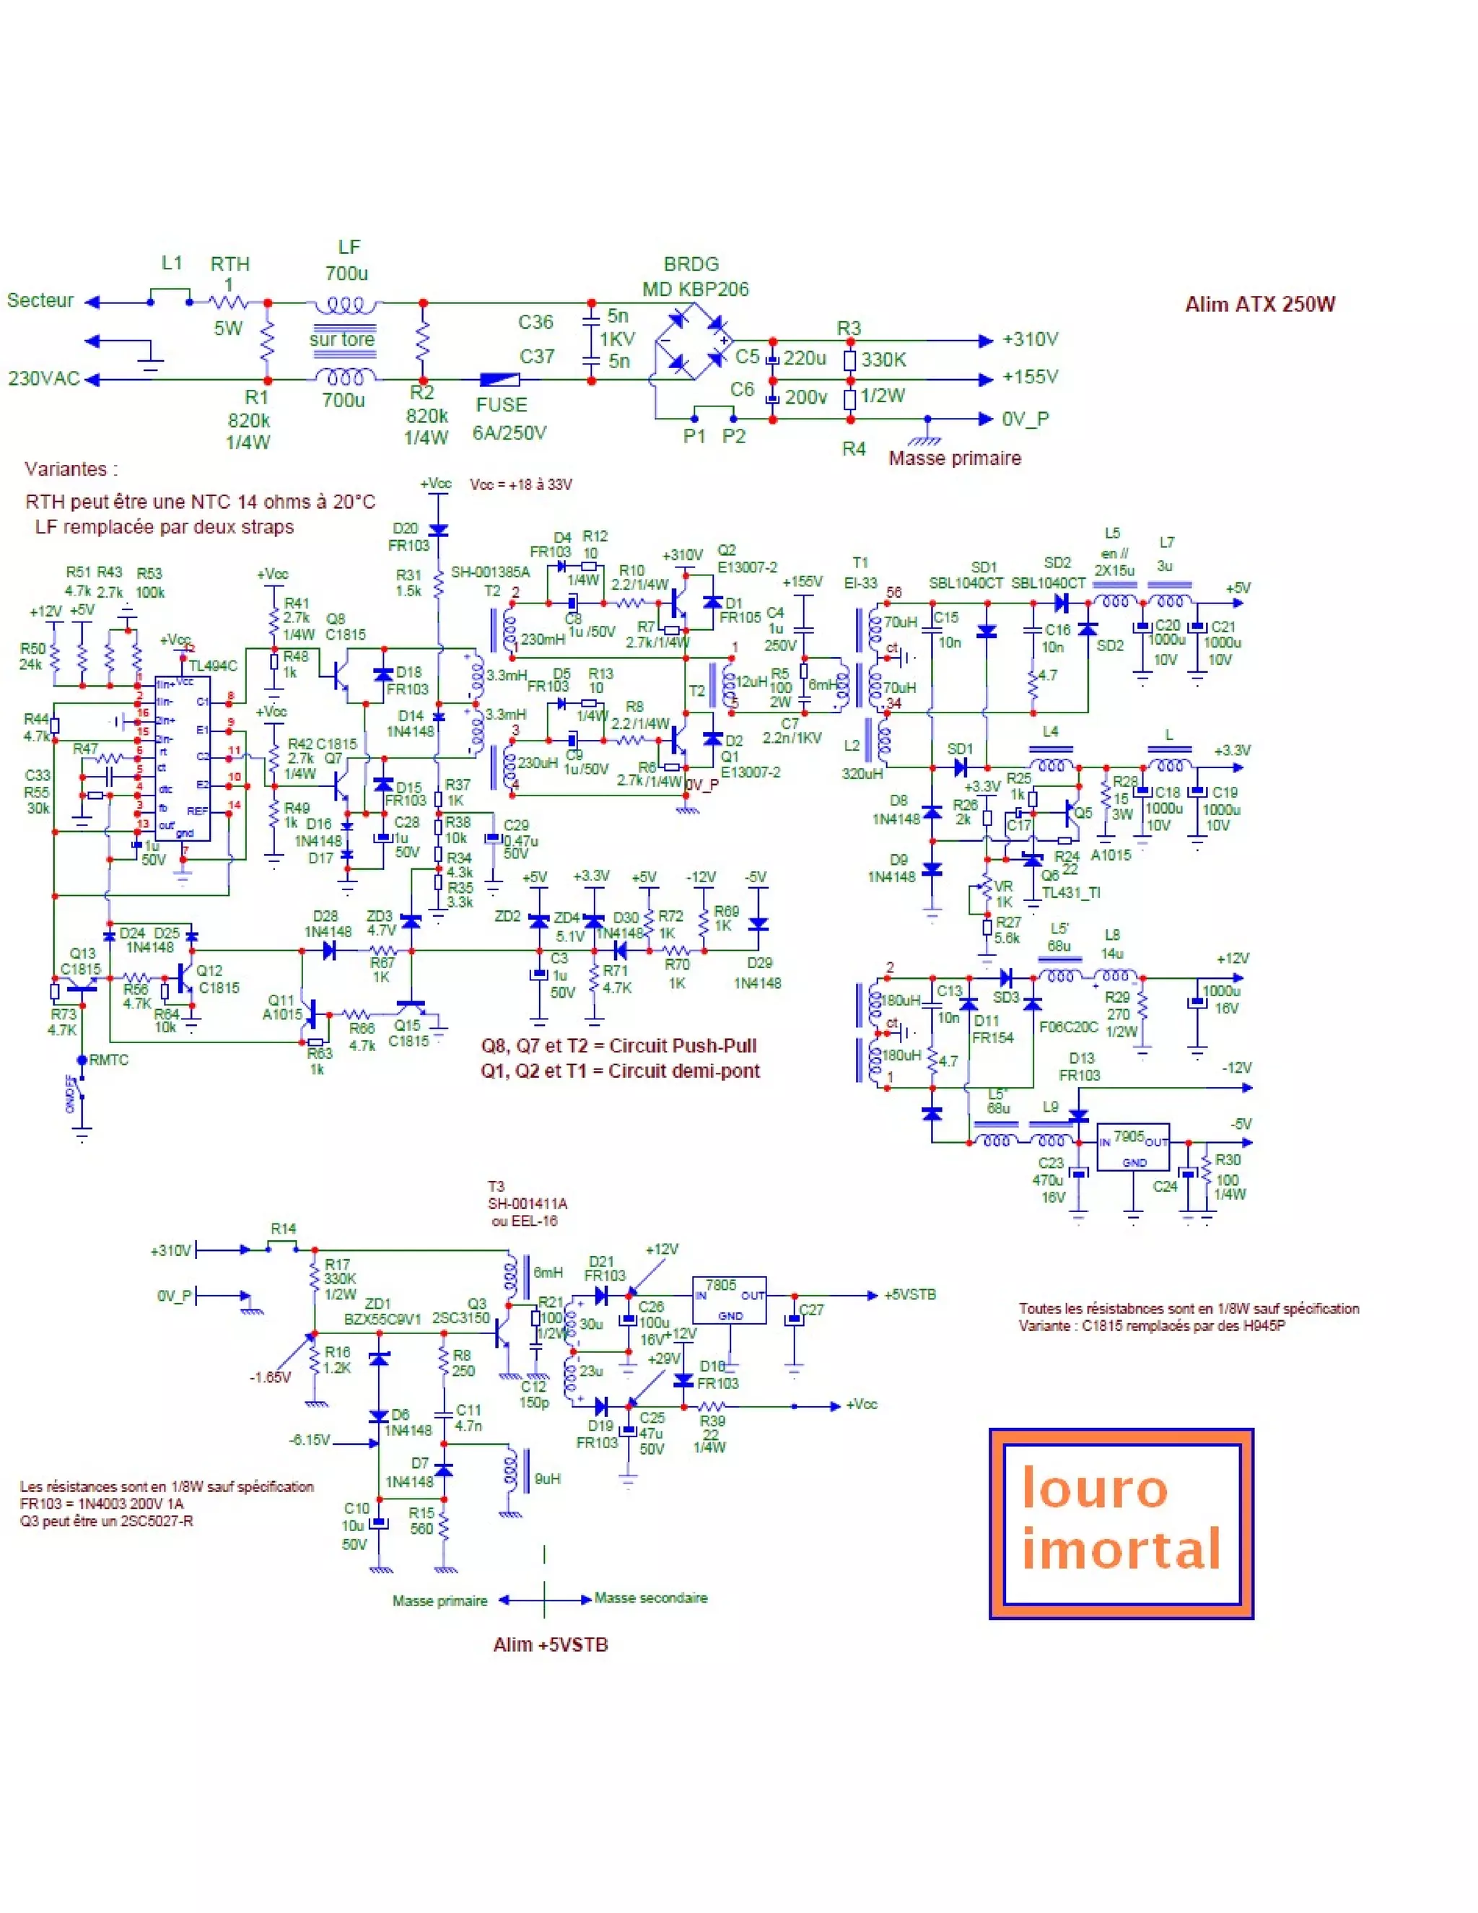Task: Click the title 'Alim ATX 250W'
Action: [1259, 304]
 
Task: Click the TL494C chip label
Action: [213, 666]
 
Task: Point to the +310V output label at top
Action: [1031, 339]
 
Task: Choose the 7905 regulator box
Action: [1133, 1146]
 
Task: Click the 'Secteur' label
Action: [40, 300]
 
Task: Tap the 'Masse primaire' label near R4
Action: [954, 458]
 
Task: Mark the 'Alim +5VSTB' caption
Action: [550, 1645]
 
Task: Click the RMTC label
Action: [108, 1060]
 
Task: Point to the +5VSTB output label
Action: [910, 1294]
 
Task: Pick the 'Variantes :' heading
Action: [71, 469]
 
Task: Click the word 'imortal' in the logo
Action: [1121, 1548]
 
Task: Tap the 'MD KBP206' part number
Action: [695, 289]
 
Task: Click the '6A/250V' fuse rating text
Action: [509, 432]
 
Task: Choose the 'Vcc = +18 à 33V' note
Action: [521, 484]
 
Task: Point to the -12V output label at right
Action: [1236, 1068]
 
